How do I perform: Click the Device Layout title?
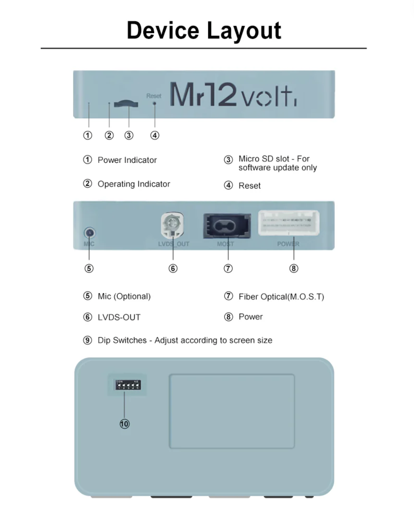coord(204,31)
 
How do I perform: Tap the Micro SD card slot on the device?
coord(126,104)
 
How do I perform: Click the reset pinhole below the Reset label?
coord(154,104)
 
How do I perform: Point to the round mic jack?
coord(89,232)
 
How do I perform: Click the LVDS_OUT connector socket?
coord(172,224)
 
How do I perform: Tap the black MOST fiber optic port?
coord(227,226)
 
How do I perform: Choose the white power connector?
coord(289,223)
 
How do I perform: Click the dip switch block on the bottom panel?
coord(128,385)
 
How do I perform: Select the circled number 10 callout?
coord(124,424)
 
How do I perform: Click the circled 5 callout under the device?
coord(89,268)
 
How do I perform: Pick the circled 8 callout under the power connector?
coord(294,268)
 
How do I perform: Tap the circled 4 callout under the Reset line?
coord(155,135)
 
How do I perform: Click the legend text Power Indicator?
coord(127,160)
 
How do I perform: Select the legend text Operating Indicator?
coord(134,184)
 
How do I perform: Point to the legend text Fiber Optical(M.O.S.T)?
coord(281,297)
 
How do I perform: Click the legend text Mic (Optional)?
coord(124,296)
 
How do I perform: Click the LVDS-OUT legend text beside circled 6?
coord(119,317)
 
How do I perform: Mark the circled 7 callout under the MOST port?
coord(228,268)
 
